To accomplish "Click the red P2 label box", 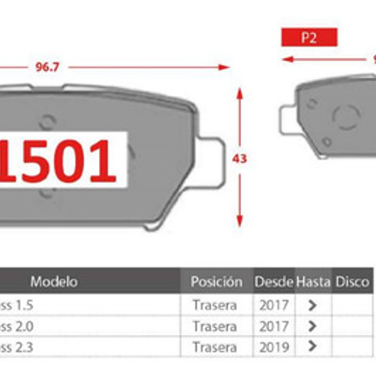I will pos(309,38).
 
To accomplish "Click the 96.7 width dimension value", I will pos(47,67).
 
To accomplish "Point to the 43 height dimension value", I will pos(239,159).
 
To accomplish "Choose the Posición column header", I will pos(217,282).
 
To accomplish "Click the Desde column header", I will pos(274,282).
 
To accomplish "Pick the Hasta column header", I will pos(313,282).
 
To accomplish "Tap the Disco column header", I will pos(352,282).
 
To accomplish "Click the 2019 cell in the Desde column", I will pos(274,347).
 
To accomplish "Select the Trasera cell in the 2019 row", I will pos(215,347).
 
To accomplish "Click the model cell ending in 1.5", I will pos(17,305).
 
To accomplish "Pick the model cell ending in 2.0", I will pos(17,326).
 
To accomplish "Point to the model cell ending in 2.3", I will pos(17,347).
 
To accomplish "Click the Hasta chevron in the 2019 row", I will pos(312,347).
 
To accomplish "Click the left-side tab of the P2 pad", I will pos(287,120).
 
